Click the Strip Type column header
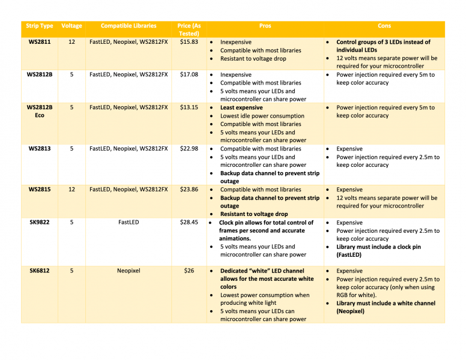(x=40, y=26)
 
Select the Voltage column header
(x=72, y=26)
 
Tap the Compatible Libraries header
(x=129, y=26)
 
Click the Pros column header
(x=265, y=26)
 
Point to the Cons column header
(x=384, y=26)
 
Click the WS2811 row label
(x=40, y=43)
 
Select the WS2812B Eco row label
(x=40, y=112)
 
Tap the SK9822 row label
(x=40, y=222)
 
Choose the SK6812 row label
(x=40, y=271)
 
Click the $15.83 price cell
(x=189, y=43)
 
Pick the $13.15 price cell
(x=189, y=107)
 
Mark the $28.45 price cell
(x=189, y=222)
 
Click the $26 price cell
(x=189, y=271)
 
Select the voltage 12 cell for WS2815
(x=72, y=189)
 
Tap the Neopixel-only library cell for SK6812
(x=129, y=271)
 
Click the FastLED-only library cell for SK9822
(x=129, y=222)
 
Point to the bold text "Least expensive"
(x=241, y=108)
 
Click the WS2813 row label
(x=40, y=148)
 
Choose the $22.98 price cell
(x=189, y=148)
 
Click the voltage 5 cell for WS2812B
(x=72, y=75)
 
